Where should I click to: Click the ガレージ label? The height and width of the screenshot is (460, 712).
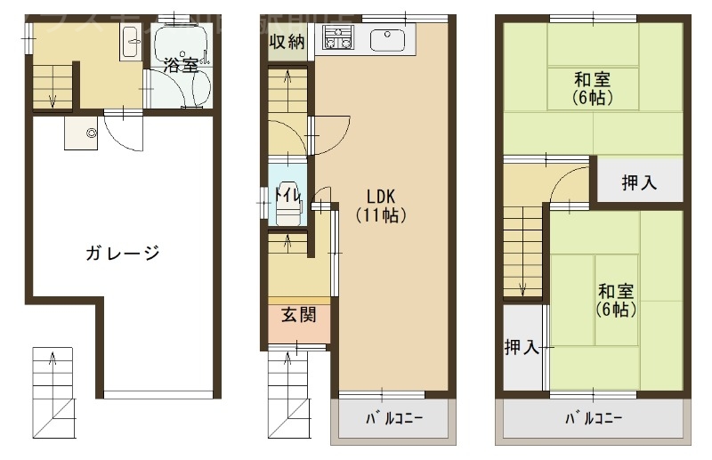point(123,253)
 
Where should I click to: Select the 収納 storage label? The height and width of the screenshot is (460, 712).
point(287,41)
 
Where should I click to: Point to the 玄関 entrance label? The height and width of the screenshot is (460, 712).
point(298,314)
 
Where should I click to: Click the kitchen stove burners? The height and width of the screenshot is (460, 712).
point(339,38)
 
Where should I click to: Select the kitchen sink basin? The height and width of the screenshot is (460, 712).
point(387,40)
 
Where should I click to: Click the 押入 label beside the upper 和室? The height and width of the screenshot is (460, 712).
point(639,183)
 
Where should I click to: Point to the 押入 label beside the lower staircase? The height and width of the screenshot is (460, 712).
point(522,348)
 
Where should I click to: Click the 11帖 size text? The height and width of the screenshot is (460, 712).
point(380,214)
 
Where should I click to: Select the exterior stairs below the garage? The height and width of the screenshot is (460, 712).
point(54,391)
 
